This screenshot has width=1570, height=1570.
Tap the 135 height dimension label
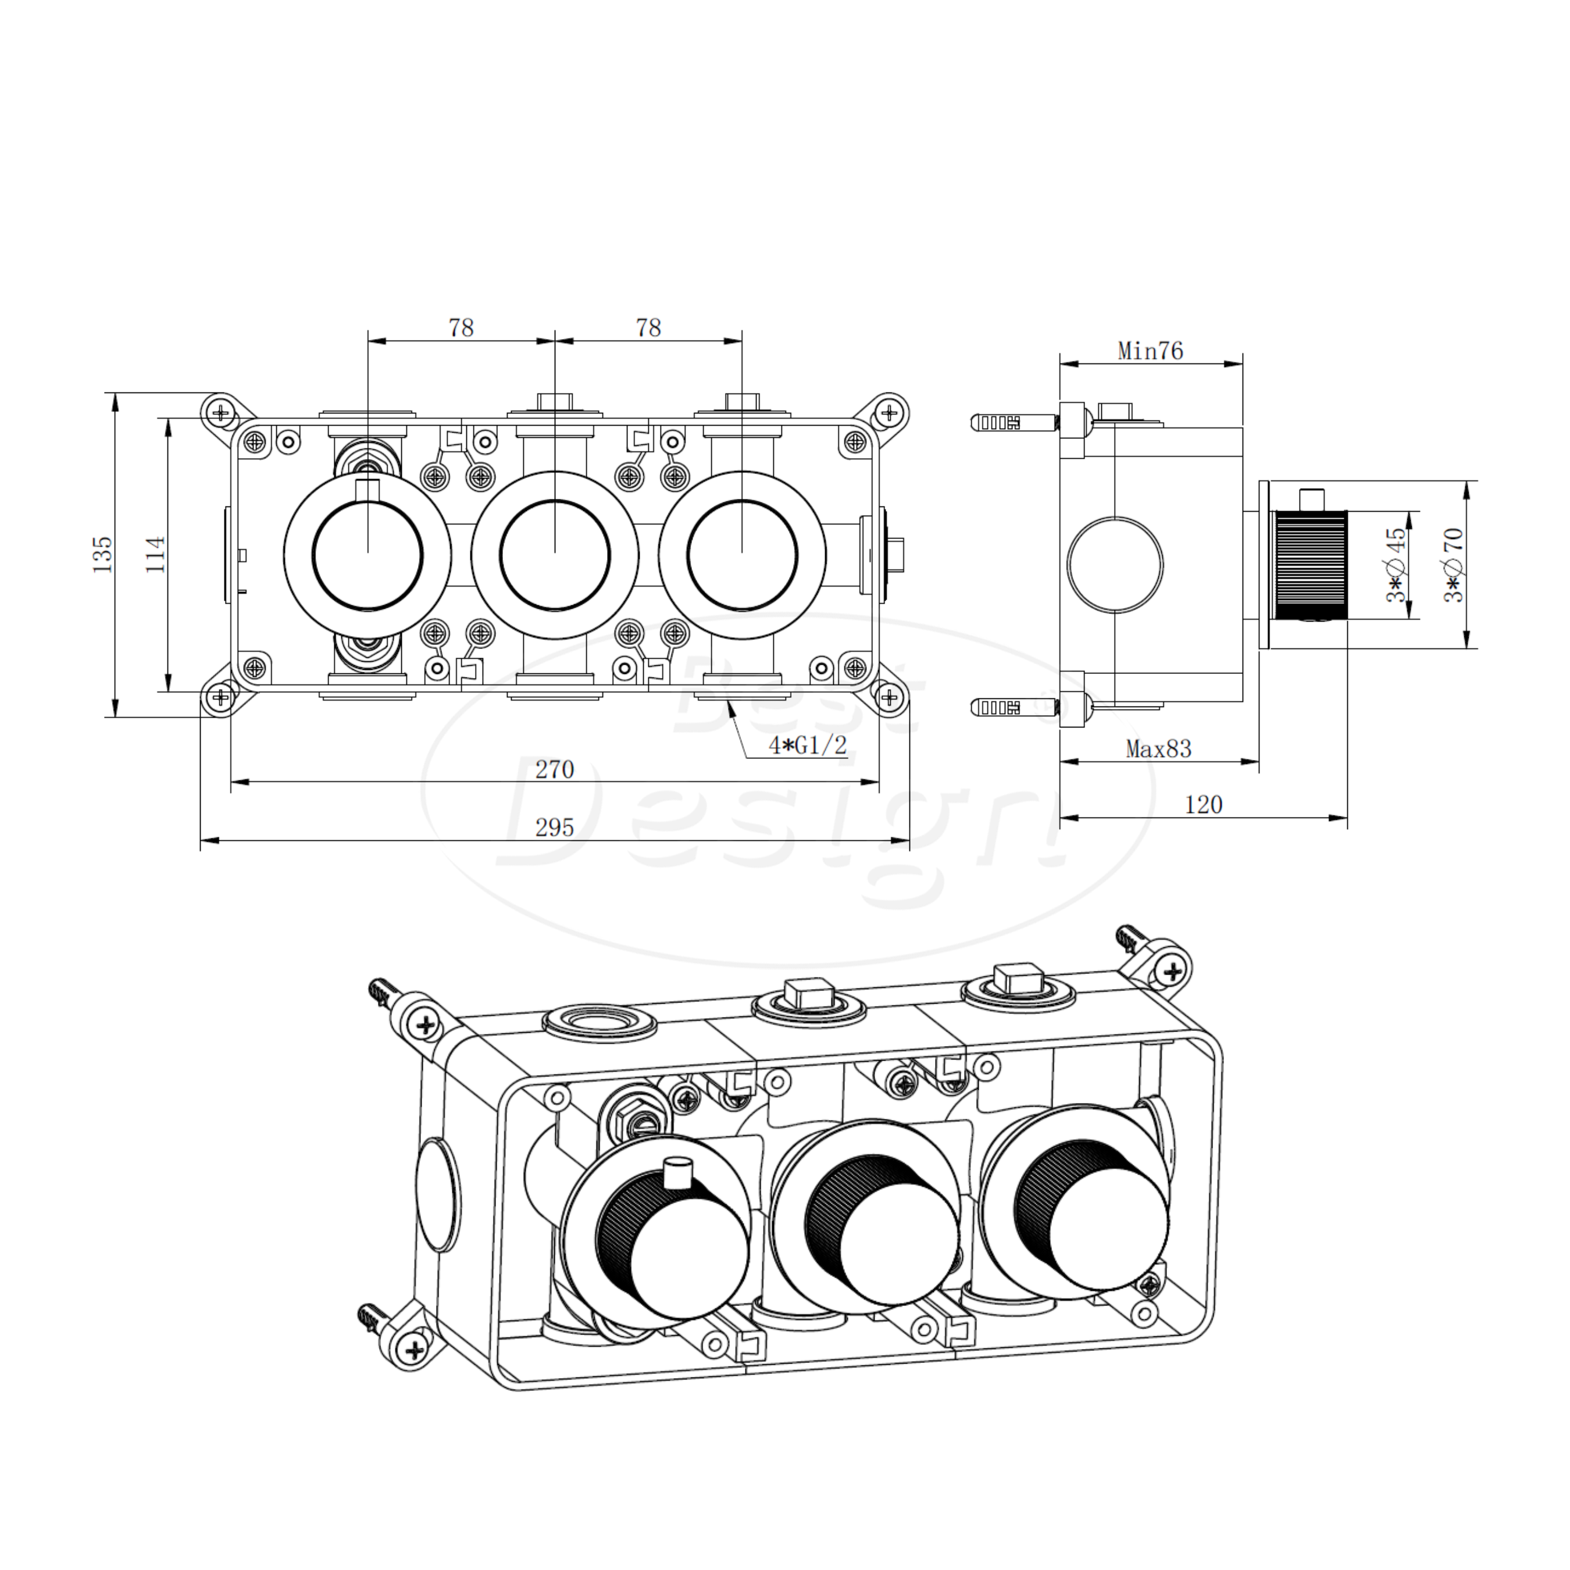pyautogui.click(x=103, y=554)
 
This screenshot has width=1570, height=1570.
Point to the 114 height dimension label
pyautogui.click(x=156, y=554)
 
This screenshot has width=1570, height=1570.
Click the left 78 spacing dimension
pyautogui.click(x=461, y=327)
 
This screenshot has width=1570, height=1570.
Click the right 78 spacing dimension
pyautogui.click(x=648, y=327)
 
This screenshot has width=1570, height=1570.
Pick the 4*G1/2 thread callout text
pyautogui.click(x=808, y=744)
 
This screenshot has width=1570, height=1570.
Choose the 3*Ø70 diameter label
pyautogui.click(x=1453, y=564)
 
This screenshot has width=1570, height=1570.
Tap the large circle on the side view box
pyautogui.click(x=1115, y=564)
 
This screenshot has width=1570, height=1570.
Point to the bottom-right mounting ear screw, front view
pyautogui.click(x=890, y=697)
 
